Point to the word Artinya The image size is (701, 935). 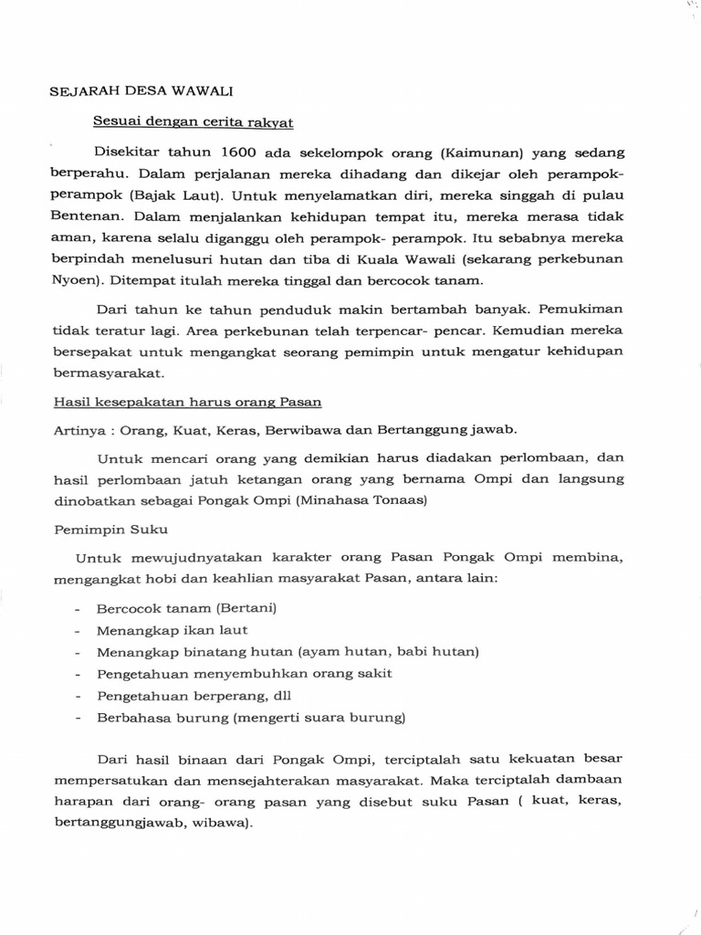[x=79, y=430]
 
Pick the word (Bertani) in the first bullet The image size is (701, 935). [x=247, y=608]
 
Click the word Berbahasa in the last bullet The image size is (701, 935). [x=131, y=718]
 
